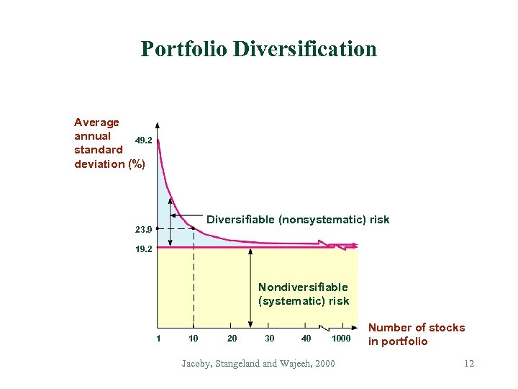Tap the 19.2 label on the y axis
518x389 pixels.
click(142, 249)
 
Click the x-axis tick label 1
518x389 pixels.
click(158, 338)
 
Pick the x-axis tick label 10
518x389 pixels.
click(193, 338)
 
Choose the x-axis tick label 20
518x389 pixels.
click(231, 338)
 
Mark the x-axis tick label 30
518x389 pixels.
click(269, 338)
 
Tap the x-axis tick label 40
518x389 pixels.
click(306, 338)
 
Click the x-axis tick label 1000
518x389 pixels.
click(341, 338)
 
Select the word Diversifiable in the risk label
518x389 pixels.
click(240, 220)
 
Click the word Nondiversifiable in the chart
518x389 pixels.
click(303, 287)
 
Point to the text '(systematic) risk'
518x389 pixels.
click(304, 301)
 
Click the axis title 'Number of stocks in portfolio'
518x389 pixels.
click(416, 334)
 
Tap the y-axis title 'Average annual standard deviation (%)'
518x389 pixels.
click(108, 143)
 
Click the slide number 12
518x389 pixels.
click(469, 364)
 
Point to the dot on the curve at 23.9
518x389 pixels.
click(194, 229)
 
